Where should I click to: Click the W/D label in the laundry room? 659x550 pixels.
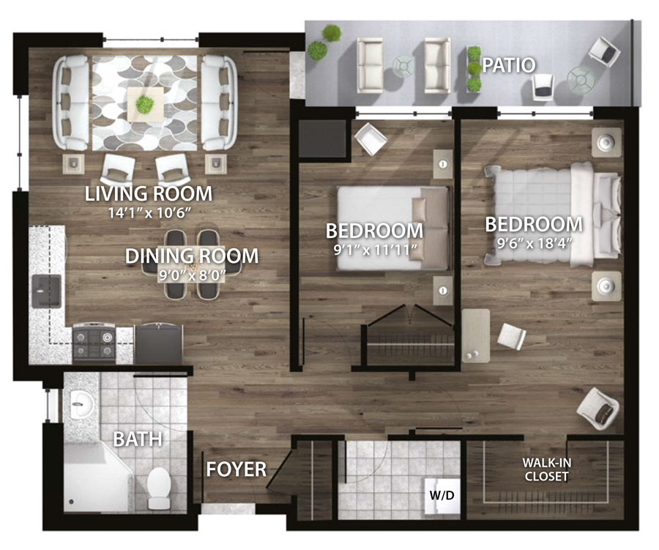[442, 495]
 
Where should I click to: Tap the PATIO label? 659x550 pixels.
[509, 65]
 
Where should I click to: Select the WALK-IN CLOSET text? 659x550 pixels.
[546, 469]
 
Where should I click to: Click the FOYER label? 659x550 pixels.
[237, 469]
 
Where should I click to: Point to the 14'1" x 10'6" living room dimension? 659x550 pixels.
[149, 213]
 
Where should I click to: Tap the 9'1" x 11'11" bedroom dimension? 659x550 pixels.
[375, 250]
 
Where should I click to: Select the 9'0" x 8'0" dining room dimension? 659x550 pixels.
[192, 276]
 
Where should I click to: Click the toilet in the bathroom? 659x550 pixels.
[158, 488]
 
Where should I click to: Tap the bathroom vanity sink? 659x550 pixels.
[81, 404]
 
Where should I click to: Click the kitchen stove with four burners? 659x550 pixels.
[94, 342]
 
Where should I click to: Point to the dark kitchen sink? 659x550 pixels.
[47, 291]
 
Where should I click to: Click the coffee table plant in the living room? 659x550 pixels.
[145, 103]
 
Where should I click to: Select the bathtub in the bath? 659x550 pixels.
[97, 478]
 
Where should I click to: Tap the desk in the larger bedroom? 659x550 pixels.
[476, 335]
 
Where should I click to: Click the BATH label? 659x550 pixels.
[138, 439]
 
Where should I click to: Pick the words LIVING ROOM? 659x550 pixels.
[149, 194]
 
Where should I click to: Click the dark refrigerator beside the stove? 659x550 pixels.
[158, 343]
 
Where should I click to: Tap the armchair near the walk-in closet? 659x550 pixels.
[598, 409]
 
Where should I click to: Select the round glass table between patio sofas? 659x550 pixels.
[403, 67]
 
